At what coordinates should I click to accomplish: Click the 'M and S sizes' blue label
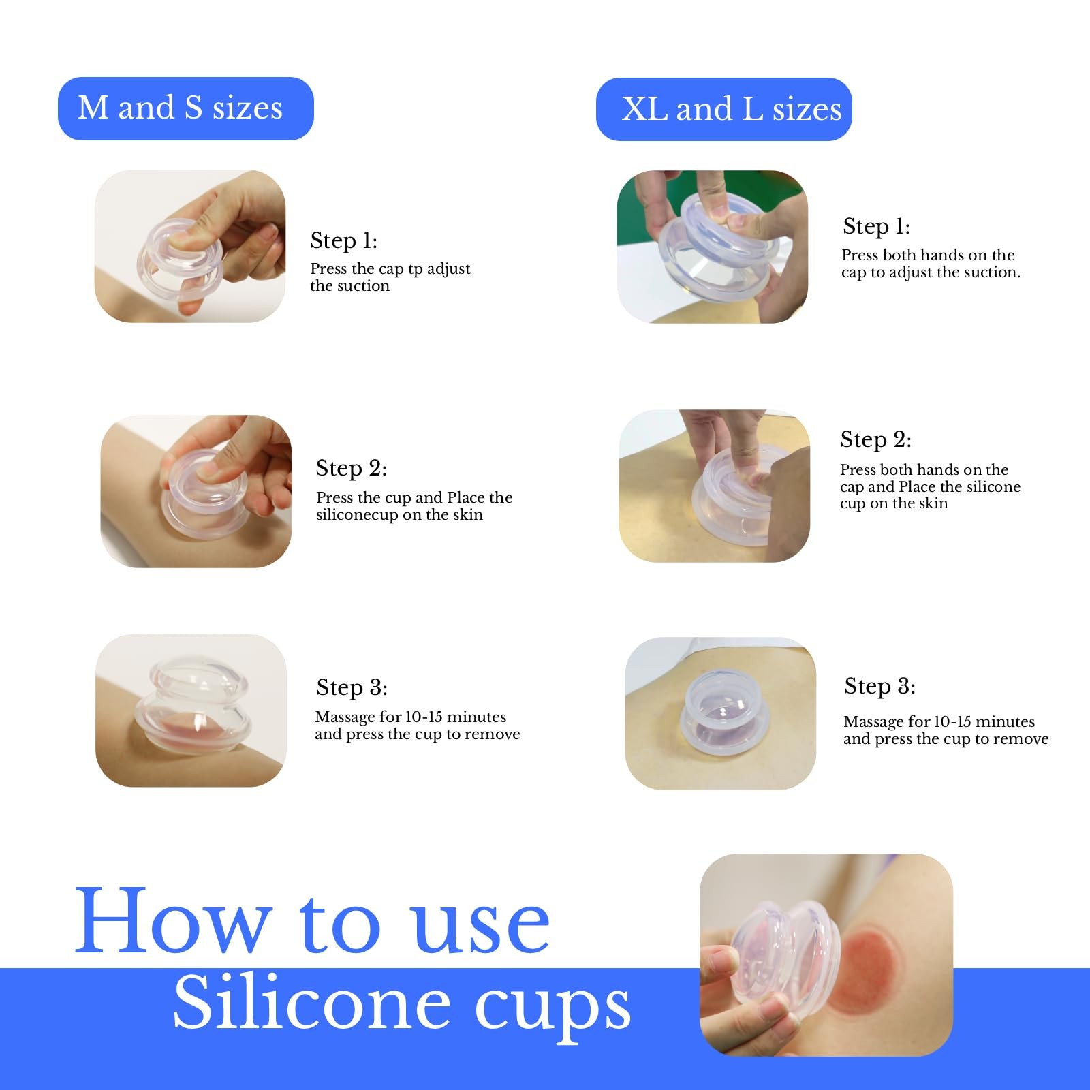coord(185,108)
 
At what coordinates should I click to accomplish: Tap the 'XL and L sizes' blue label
coord(723,109)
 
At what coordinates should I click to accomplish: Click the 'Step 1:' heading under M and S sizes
coord(343,240)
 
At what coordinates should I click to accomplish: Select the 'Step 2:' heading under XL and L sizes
coord(875,440)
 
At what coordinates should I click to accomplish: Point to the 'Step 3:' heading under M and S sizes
coord(352,687)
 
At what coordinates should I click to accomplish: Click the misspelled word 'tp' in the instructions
coord(415,270)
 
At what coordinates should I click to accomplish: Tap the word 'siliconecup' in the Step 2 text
coord(357,516)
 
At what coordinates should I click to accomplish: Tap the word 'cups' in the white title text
coord(552,1010)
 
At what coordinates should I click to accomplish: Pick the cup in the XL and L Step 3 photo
coord(725,711)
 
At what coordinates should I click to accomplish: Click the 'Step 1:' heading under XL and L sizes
coord(876,226)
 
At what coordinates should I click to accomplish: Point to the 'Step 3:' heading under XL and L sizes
coord(879,686)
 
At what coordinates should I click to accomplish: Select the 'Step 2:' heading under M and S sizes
coord(351,468)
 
